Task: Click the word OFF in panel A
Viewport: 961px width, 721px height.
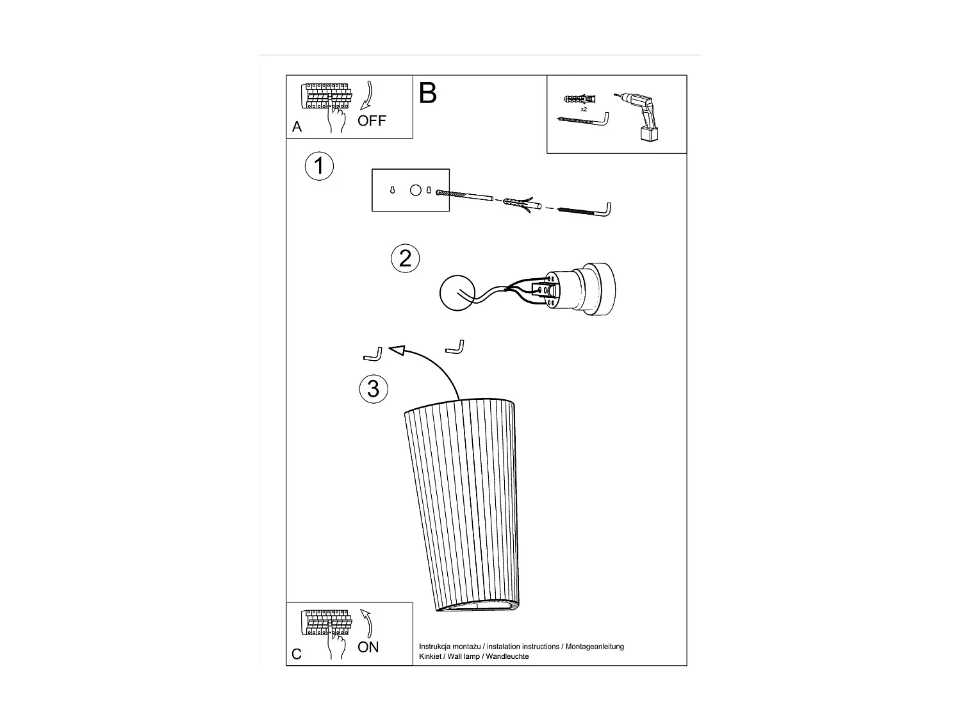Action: [x=372, y=120]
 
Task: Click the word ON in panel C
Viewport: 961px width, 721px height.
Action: [x=368, y=647]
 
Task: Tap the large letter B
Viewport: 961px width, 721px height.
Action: [x=427, y=94]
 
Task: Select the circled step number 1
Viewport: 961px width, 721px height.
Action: [x=318, y=166]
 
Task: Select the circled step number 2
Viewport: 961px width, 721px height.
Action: [x=405, y=258]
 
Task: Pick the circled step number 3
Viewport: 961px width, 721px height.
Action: [x=374, y=388]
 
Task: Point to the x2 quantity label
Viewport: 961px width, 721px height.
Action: [x=584, y=110]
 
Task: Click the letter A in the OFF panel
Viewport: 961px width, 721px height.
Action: [x=297, y=127]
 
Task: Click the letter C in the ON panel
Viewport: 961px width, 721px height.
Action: [x=297, y=654]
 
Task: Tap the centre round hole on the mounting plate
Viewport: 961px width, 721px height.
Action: [x=415, y=190]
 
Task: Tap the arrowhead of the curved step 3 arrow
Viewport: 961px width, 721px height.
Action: [x=397, y=351]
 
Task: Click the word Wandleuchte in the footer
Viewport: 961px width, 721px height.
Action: [x=507, y=657]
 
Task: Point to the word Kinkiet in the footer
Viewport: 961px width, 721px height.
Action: [x=430, y=657]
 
